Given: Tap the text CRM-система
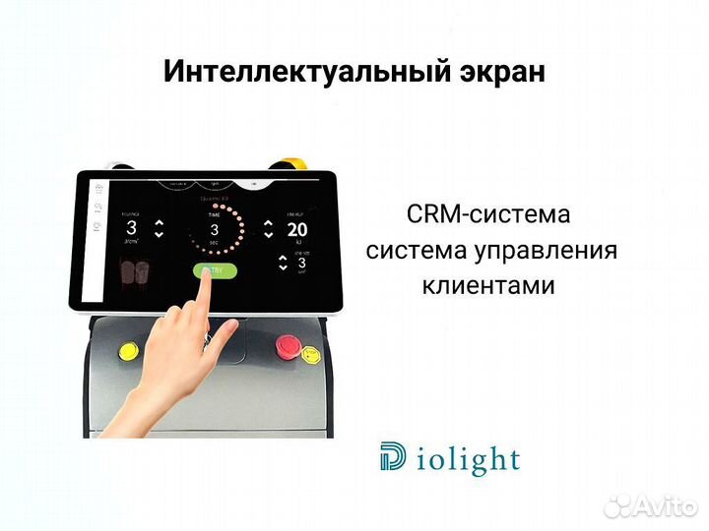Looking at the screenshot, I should click(x=487, y=213).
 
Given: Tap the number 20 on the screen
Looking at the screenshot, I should click(x=297, y=230).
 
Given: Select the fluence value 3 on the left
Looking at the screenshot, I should click(x=130, y=229).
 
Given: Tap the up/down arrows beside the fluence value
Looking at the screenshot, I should click(x=161, y=230).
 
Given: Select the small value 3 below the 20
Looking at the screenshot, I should click(x=302, y=263).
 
